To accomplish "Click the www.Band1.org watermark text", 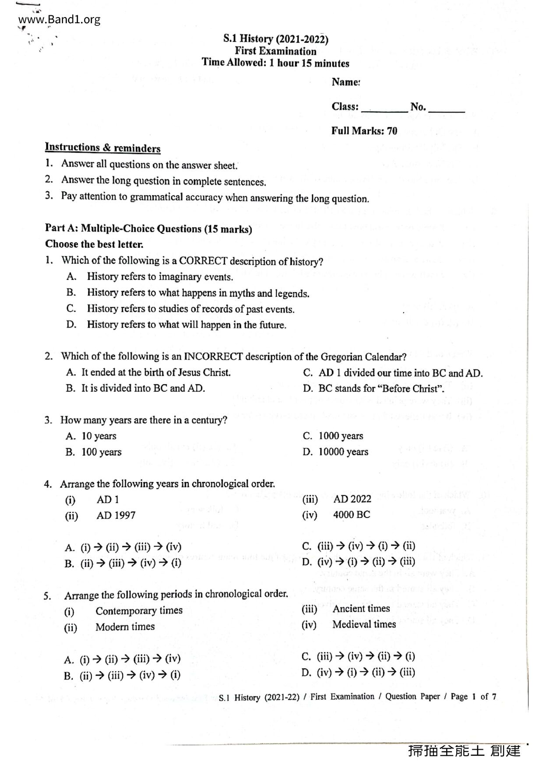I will [x=60, y=20].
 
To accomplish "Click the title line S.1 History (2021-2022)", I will [x=275, y=39].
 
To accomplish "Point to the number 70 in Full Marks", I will [x=392, y=131].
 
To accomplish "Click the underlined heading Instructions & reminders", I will [x=103, y=148].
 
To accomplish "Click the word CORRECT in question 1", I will [x=203, y=261].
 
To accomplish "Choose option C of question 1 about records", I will [x=190, y=309].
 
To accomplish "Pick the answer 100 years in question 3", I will [x=101, y=452].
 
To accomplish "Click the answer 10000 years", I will [x=343, y=452].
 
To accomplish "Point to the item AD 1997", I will [x=116, y=515].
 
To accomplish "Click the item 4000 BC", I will [x=351, y=515].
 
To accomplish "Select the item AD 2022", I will [x=352, y=499].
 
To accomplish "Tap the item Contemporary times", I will [x=139, y=611].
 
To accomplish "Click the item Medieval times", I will [x=364, y=624].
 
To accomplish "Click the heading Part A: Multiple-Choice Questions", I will [x=148, y=229].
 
